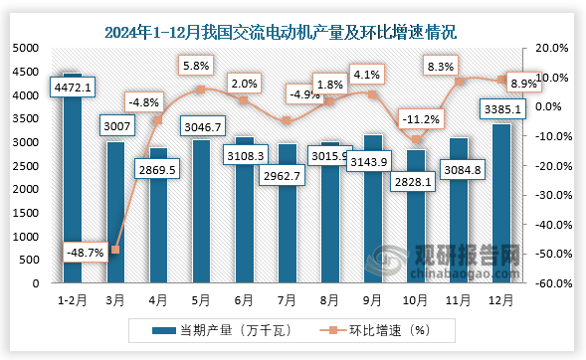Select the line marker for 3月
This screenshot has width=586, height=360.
coord(116,250)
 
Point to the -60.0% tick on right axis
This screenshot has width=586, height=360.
coord(550,283)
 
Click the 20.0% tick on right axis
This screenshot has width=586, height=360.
coord(550,48)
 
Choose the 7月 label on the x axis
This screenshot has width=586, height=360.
coord(287,298)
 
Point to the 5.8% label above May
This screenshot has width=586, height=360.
coord(196,66)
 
